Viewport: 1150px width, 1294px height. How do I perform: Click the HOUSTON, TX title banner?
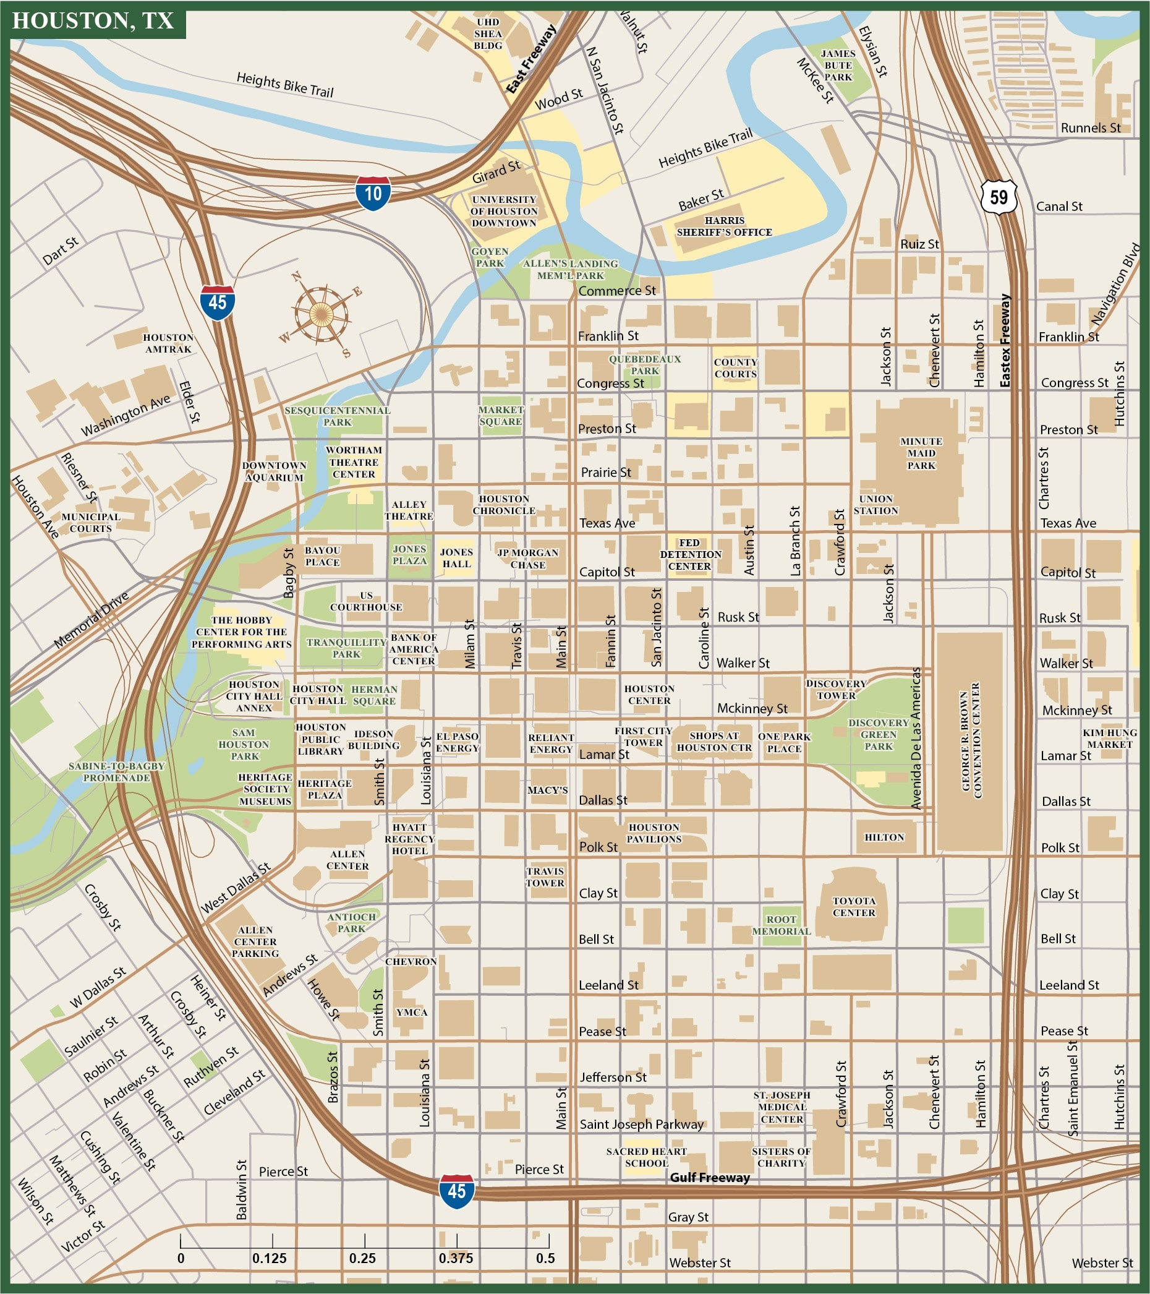pyautogui.click(x=93, y=21)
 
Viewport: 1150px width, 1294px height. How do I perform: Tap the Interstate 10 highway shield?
pyautogui.click(x=373, y=193)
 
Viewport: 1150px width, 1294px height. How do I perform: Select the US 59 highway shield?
pyautogui.click(x=999, y=197)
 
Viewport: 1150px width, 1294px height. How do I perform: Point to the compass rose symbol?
pyautogui.click(x=322, y=314)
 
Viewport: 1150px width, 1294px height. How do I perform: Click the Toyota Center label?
pyautogui.click(x=854, y=907)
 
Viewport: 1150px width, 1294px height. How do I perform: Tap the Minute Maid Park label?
pyautogui.click(x=921, y=453)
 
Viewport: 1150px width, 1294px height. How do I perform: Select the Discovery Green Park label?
pyautogui.click(x=879, y=734)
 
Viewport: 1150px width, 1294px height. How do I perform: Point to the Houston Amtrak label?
pyautogui.click(x=168, y=343)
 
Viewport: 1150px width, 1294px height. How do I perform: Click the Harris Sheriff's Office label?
pyautogui.click(x=724, y=226)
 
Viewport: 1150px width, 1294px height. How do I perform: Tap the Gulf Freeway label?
pyautogui.click(x=710, y=1178)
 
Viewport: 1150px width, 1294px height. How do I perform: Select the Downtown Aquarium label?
pyautogui.click(x=274, y=471)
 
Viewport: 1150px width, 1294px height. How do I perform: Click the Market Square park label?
pyautogui.click(x=501, y=415)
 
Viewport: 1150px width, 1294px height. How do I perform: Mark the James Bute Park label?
pyautogui.click(x=838, y=65)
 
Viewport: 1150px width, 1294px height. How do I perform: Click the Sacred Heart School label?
pyautogui.click(x=646, y=1157)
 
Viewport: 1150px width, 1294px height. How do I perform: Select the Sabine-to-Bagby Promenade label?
pyautogui.click(x=116, y=771)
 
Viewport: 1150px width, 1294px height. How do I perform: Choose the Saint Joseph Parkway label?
pyautogui.click(x=641, y=1125)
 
